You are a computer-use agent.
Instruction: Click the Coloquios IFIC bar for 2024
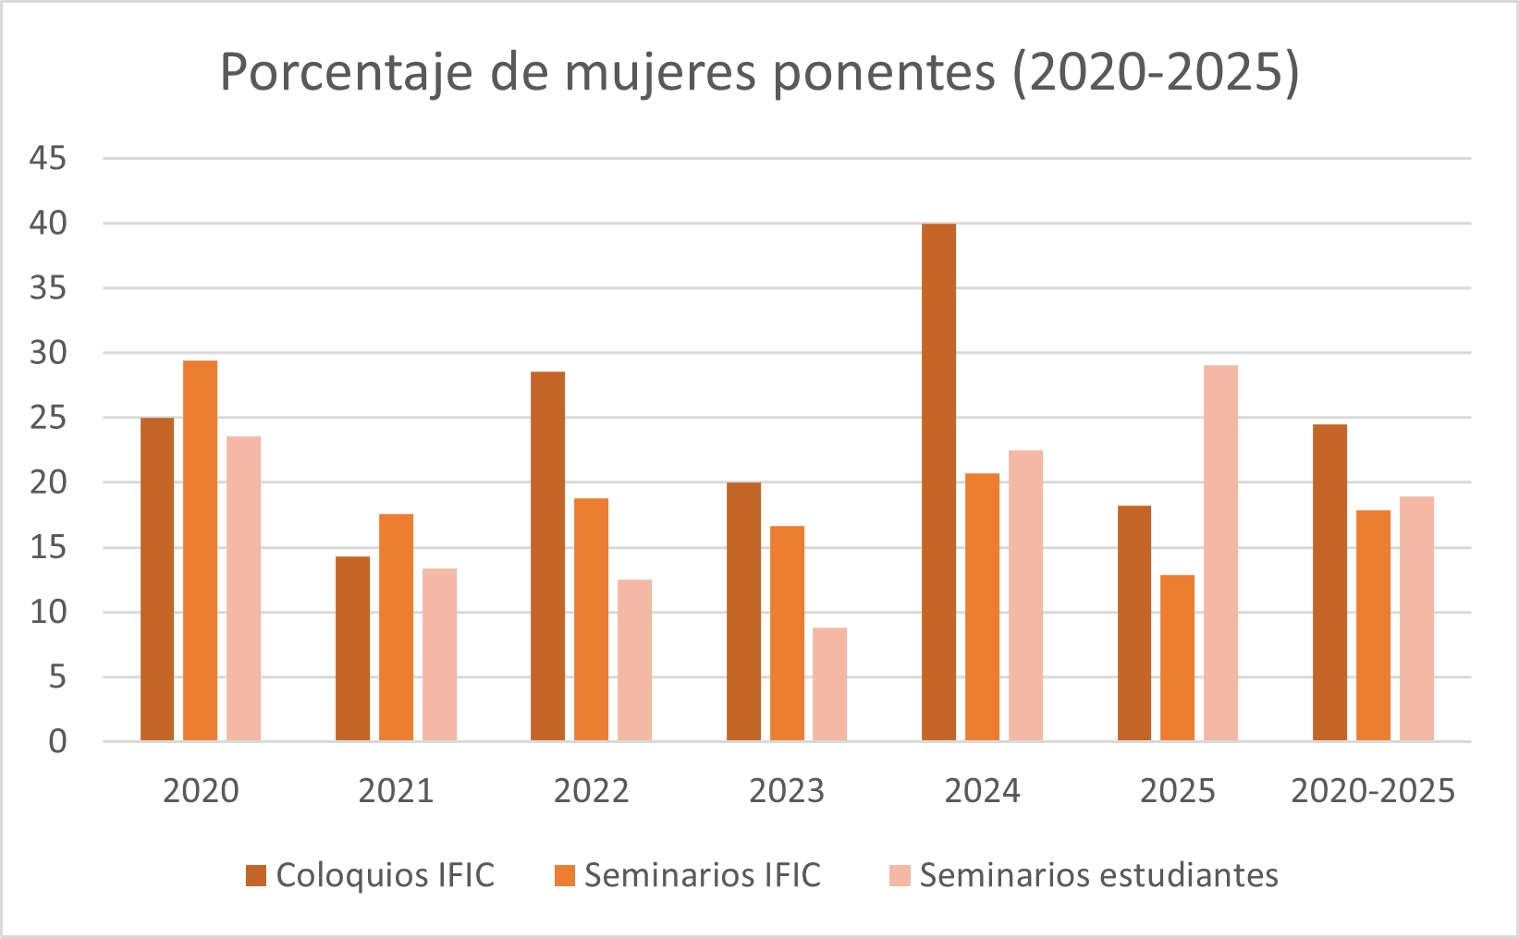pos(938,482)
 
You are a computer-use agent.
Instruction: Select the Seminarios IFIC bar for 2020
pos(200,551)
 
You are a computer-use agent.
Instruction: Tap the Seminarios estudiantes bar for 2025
pos(1220,553)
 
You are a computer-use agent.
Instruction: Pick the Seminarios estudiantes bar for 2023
pos(829,684)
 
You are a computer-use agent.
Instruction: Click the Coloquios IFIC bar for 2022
pos(547,556)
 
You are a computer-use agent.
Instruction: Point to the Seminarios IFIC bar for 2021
pos(396,627)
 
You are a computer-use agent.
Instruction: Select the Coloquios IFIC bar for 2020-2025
pos(1329,582)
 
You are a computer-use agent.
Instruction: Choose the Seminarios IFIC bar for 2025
pos(1177,658)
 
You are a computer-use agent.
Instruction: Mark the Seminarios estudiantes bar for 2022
pos(634,660)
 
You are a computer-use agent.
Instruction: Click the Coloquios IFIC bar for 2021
pos(352,649)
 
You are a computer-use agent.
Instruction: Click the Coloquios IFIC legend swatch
pos(256,875)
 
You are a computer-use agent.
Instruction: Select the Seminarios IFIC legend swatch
pos(565,875)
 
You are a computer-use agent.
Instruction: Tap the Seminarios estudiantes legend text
pos(1098,875)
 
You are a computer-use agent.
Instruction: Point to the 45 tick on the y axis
pos(48,159)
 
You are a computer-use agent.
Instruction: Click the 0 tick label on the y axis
pos(57,741)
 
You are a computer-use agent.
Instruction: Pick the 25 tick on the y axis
pos(48,418)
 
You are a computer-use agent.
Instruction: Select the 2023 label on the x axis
pos(786,791)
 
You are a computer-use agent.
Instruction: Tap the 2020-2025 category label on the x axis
pos(1373,791)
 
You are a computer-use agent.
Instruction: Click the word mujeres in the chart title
pos(661,72)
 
